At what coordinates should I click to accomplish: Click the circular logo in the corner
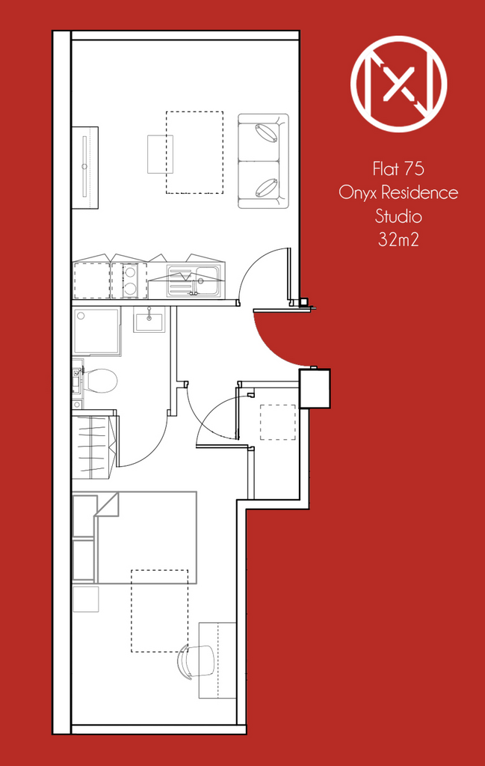(398, 84)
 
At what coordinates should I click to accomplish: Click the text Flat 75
(398, 169)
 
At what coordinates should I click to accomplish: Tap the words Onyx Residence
(398, 192)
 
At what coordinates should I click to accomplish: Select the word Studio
(398, 216)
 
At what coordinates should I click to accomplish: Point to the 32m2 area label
(398, 239)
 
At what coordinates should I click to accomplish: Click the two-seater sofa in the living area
(263, 162)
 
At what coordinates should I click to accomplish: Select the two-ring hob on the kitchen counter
(129, 281)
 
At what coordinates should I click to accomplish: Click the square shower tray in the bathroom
(96, 331)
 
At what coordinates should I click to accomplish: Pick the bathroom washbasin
(149, 320)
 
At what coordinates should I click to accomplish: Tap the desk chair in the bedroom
(197, 661)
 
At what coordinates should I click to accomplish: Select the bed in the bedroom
(135, 537)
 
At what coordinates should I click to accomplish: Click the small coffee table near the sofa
(160, 154)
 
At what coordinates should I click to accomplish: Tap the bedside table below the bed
(86, 599)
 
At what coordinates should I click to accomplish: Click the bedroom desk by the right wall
(217, 661)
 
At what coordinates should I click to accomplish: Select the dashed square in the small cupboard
(278, 422)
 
